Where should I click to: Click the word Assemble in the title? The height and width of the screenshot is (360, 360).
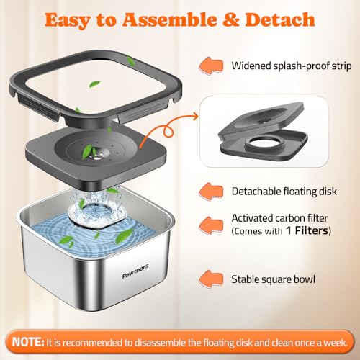click(x=169, y=19)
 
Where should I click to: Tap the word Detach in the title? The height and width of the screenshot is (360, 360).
click(x=280, y=19)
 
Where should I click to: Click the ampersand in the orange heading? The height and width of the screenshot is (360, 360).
click(x=230, y=19)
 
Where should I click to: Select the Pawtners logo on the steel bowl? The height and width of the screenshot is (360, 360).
click(x=135, y=271)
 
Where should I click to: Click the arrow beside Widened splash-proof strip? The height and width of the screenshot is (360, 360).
click(x=211, y=66)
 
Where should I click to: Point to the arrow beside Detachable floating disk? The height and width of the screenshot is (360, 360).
click(x=211, y=192)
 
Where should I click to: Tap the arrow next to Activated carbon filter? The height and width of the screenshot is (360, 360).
click(x=211, y=225)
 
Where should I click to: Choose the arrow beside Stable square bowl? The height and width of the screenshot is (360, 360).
click(x=211, y=279)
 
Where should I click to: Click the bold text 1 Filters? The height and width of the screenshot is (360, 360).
click(x=307, y=230)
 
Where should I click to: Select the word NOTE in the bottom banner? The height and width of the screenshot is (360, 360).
click(x=28, y=342)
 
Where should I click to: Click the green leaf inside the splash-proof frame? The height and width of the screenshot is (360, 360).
click(x=96, y=84)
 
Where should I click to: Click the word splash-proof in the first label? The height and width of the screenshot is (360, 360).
click(x=301, y=66)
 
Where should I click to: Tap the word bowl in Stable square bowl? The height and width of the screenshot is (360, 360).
click(x=305, y=279)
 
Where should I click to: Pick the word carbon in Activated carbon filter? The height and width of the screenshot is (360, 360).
click(x=289, y=218)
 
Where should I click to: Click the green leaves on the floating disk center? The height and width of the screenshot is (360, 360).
click(x=89, y=152)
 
